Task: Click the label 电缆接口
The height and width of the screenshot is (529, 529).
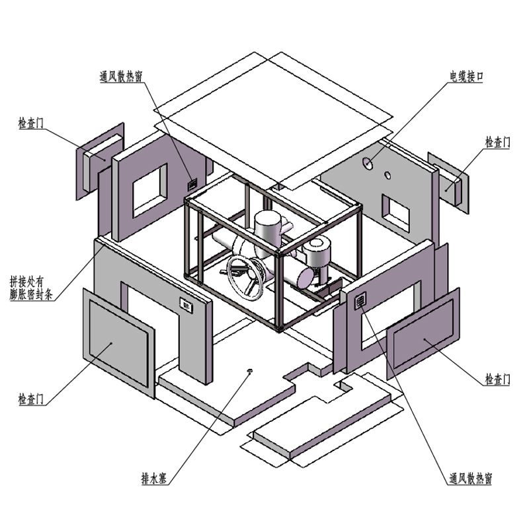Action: tap(466, 76)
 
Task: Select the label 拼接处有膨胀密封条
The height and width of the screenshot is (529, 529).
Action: tap(31, 288)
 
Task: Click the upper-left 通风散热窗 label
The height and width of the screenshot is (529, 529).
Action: tap(121, 77)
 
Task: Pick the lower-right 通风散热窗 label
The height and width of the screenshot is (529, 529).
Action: tap(470, 478)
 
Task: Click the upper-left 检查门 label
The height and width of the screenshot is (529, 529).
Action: tap(31, 123)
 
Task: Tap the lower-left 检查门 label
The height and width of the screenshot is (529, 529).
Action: tap(31, 399)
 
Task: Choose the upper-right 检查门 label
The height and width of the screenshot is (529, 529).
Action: tap(498, 142)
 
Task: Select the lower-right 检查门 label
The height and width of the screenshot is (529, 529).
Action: tap(498, 380)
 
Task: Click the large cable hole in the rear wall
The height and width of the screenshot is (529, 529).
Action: tap(367, 163)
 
